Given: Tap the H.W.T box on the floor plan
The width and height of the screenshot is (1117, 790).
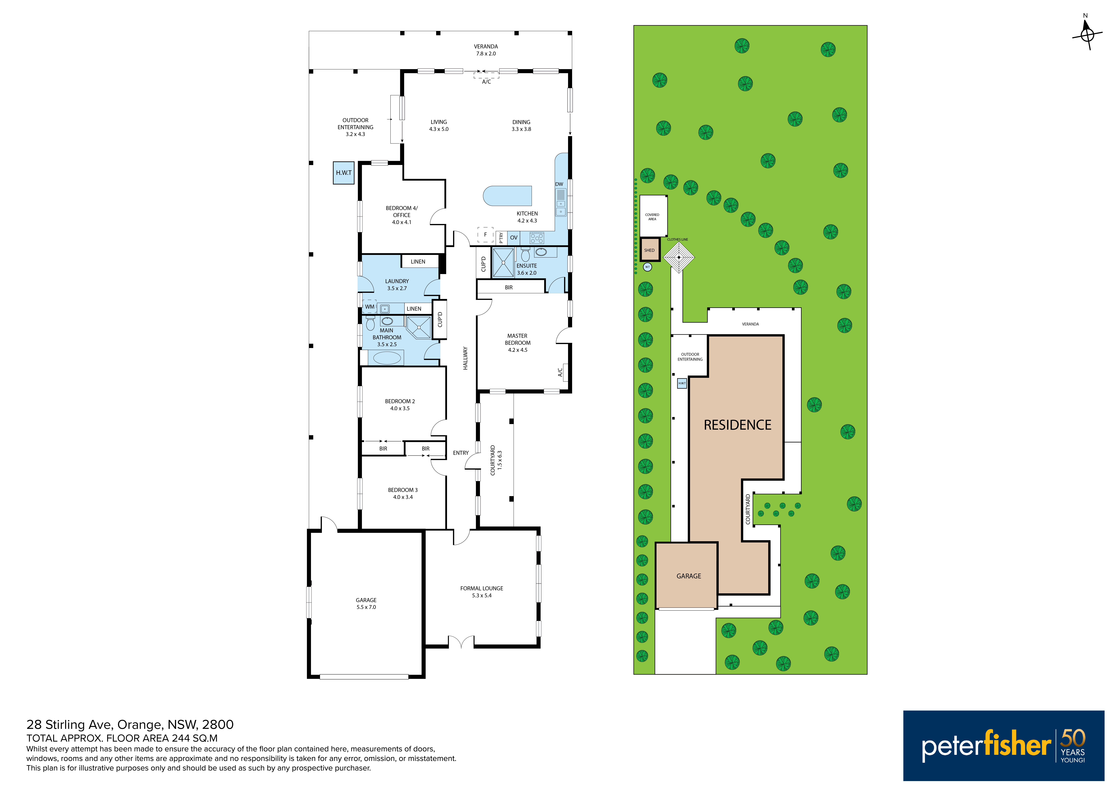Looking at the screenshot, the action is click(x=343, y=173).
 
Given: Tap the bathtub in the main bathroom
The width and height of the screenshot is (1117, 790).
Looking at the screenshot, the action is click(x=387, y=358).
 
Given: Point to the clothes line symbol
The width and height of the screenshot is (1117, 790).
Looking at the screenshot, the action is click(x=679, y=257).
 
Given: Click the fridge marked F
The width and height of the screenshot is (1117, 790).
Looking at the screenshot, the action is click(x=485, y=235).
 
